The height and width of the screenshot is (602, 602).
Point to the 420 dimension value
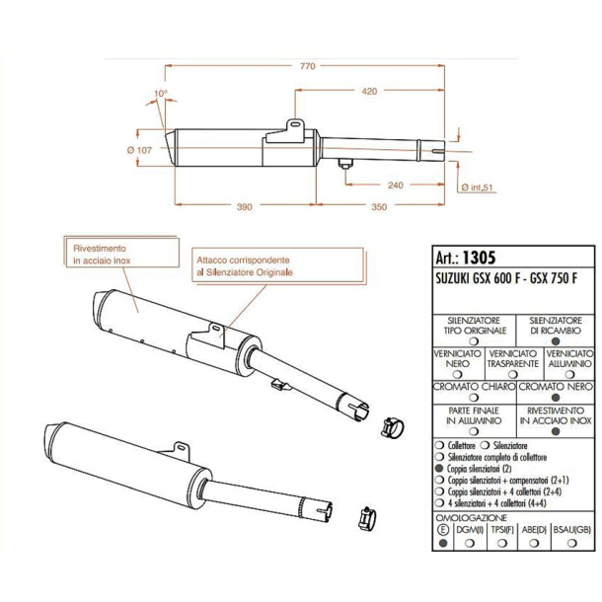tap(369, 91)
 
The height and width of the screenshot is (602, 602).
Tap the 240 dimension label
tap(394, 185)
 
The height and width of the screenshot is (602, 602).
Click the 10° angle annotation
tap(160, 95)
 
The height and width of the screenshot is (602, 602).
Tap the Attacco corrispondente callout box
tap(244, 263)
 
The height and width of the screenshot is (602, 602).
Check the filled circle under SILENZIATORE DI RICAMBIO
tap(556, 340)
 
